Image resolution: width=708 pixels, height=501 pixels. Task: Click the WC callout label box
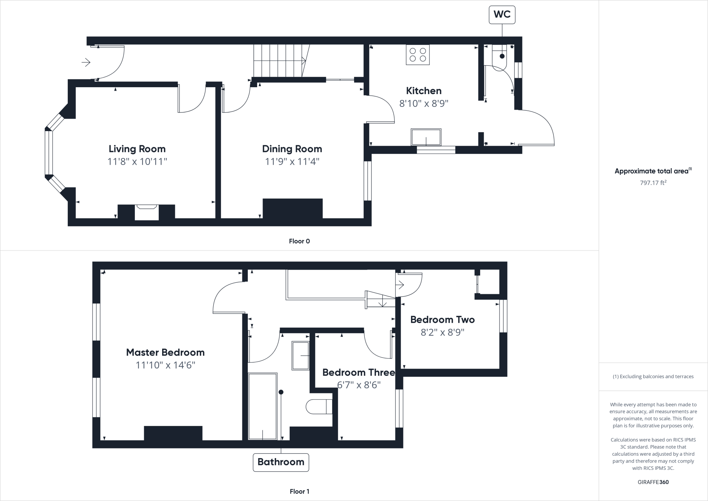502,15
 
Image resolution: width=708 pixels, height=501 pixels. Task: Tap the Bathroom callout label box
281,462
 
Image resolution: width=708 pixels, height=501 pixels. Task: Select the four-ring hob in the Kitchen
418,55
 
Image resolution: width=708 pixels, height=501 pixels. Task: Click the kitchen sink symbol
426,137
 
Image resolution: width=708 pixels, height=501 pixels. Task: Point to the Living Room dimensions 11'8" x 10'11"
137,162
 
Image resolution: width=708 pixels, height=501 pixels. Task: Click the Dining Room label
292,149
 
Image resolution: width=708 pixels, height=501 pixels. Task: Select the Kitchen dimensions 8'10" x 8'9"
423,103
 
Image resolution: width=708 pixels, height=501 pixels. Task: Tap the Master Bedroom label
165,352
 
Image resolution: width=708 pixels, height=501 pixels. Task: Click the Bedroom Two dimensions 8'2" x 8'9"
442,332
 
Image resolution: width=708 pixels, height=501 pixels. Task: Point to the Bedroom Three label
358,372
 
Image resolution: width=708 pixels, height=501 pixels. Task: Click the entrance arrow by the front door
86,62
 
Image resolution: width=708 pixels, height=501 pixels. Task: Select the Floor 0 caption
299,241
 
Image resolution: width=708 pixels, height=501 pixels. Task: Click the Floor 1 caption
299,491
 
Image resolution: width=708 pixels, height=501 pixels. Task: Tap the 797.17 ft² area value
653,183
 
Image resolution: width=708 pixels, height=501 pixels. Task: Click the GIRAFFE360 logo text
653,482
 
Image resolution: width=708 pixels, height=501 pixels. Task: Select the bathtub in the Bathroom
263,406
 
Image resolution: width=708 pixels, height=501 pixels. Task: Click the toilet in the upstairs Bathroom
319,407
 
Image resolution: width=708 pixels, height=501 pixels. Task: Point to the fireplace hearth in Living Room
147,212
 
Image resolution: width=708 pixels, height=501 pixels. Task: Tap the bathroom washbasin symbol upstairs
300,356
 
